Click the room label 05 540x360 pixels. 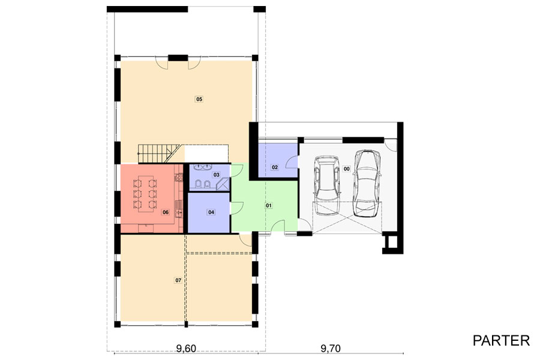(x=199, y=99)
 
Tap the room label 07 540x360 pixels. (x=178, y=280)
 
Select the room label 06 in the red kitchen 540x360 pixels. (x=166, y=212)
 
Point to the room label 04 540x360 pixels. (x=211, y=212)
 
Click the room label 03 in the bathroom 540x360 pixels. (x=216, y=175)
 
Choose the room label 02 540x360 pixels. (x=275, y=167)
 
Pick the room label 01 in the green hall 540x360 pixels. (x=269, y=206)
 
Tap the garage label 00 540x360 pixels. (x=346, y=169)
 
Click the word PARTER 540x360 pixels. (x=501, y=341)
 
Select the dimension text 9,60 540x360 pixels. (x=186, y=349)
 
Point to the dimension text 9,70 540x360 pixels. (x=331, y=349)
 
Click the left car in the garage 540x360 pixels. (x=327, y=181)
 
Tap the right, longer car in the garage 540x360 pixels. (x=367, y=184)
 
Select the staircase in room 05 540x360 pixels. (x=160, y=154)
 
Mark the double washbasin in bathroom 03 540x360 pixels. (x=203, y=167)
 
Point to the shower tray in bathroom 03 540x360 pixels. (x=223, y=185)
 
